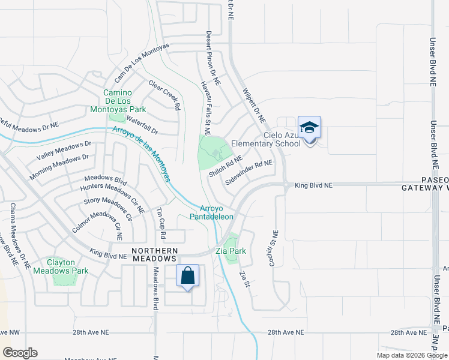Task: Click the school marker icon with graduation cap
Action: [x=309, y=128]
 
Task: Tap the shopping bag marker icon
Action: [x=187, y=277]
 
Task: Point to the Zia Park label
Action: [x=230, y=251]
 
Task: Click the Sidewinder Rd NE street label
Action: [x=249, y=172]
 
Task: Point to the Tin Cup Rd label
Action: [x=160, y=219]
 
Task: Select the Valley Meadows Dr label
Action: [x=64, y=150]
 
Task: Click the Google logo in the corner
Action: [x=20, y=353]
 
